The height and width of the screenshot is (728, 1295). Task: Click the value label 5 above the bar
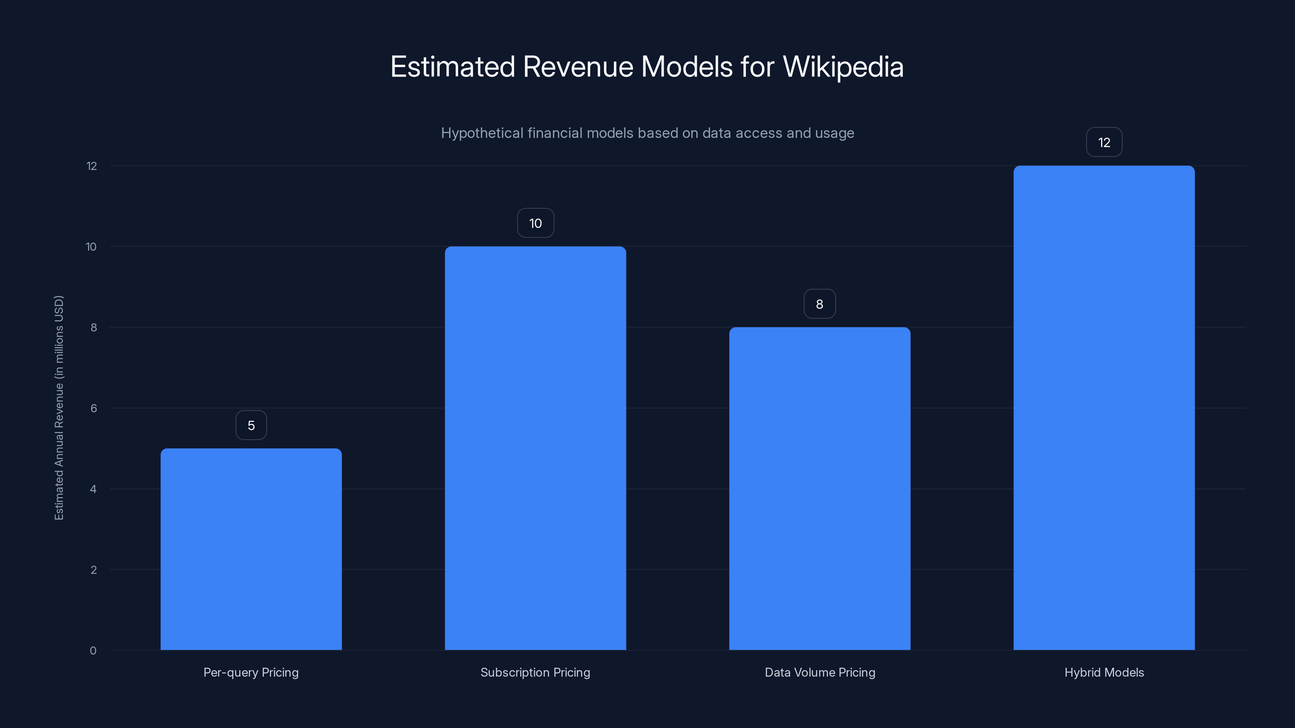pos(251,425)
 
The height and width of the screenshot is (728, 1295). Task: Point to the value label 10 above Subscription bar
pos(535,223)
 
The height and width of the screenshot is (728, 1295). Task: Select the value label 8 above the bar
pos(819,304)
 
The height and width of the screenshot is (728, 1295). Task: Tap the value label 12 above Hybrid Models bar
pos(1104,143)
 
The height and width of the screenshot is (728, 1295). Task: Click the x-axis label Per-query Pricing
pos(251,672)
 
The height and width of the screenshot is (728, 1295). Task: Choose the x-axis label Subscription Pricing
pos(535,672)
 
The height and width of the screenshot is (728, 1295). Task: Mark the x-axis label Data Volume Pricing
pos(820,672)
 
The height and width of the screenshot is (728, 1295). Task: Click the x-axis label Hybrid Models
pos(1104,672)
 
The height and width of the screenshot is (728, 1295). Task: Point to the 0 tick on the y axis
pos(93,651)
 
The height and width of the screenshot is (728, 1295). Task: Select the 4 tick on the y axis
pos(93,489)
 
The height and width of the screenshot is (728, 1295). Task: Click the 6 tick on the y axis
pos(93,408)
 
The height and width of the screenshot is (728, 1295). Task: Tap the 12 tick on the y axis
pos(91,166)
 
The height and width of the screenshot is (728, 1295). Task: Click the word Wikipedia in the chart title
pos(843,67)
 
